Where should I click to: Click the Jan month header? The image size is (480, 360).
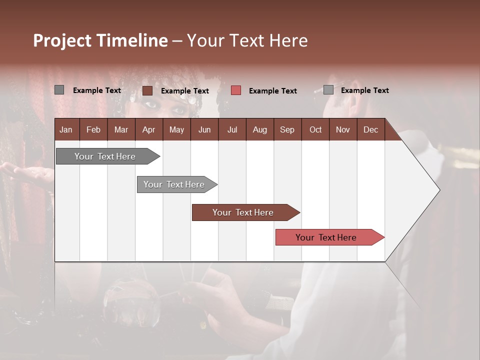(66, 129)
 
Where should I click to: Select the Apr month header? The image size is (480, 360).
(149, 129)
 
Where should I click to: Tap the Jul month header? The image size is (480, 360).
(232, 129)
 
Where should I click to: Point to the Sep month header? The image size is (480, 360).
(287, 129)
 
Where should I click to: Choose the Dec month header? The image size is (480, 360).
(370, 129)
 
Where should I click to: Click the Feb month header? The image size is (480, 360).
(93, 129)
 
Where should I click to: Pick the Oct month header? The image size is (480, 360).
(315, 129)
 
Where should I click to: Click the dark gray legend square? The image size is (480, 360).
(59, 90)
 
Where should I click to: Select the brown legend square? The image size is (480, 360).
(147, 90)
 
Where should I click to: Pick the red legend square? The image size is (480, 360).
(236, 90)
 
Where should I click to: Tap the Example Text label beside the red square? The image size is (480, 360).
(272, 90)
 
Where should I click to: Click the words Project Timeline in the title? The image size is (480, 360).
(100, 40)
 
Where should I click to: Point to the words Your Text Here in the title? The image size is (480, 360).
(247, 40)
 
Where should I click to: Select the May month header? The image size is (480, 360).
(176, 129)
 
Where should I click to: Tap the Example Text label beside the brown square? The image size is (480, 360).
(184, 90)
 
